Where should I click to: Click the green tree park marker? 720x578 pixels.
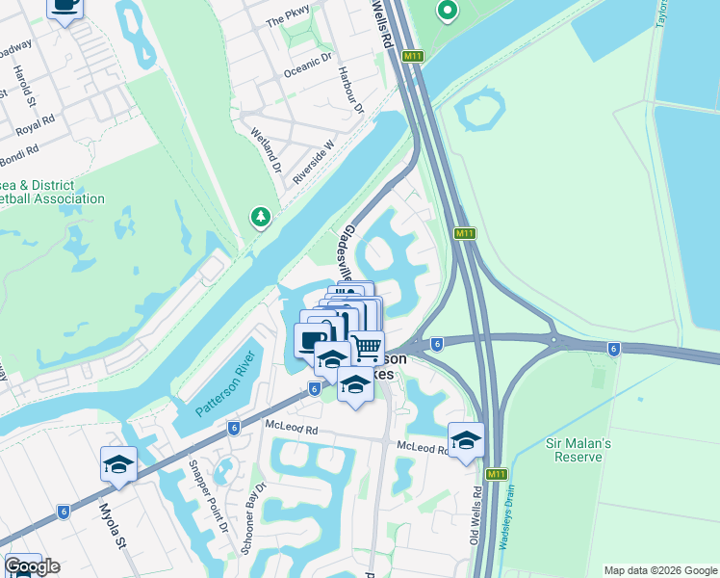(260, 217)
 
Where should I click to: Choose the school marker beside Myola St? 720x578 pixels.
(118, 464)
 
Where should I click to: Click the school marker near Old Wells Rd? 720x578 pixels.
(466, 440)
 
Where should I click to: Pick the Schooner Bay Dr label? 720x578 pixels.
(252, 524)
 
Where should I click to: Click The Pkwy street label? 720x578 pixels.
(289, 16)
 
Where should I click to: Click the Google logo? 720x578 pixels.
(32, 566)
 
